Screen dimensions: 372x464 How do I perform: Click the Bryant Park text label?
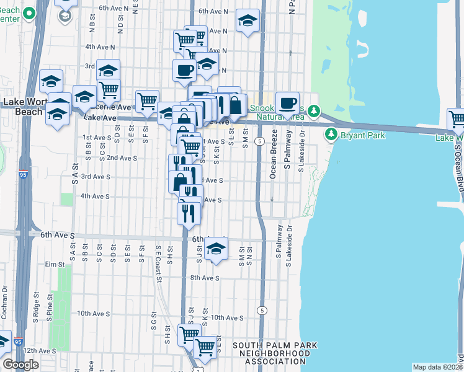pyautogui.click(x=362, y=135)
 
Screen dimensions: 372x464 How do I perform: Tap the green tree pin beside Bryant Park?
pyautogui.click(x=331, y=135)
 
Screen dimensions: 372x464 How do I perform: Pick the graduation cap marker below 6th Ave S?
pyautogui.click(x=216, y=249)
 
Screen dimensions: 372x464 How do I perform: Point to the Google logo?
pyautogui.click(x=21, y=364)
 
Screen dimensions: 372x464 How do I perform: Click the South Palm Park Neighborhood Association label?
pyautogui.click(x=275, y=353)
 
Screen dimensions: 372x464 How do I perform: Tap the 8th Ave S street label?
pyautogui.click(x=205, y=278)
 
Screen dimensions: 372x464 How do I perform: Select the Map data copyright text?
pyautogui.click(x=437, y=367)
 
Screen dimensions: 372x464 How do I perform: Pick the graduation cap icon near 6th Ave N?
pyautogui.click(x=248, y=22)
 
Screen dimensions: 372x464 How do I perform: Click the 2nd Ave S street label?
pyautogui.click(x=122, y=158)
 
